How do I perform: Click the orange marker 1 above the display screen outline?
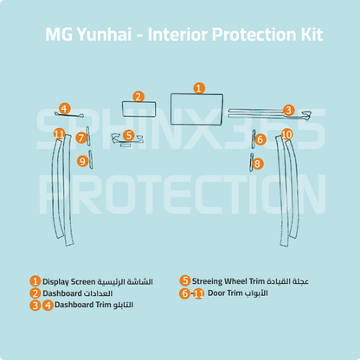click(x=199, y=88)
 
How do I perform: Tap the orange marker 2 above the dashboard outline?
click(x=138, y=97)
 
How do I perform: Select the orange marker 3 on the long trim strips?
click(x=288, y=110)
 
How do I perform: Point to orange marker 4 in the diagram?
click(x=64, y=109)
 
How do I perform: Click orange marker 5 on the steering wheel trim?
click(x=129, y=135)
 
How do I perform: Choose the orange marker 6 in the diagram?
click(x=260, y=139)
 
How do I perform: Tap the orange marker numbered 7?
click(x=81, y=138)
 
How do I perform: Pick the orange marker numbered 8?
click(x=257, y=164)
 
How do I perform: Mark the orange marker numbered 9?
click(x=83, y=161)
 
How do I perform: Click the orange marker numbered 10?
click(x=286, y=134)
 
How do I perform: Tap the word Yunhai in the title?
click(x=105, y=35)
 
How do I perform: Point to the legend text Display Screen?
click(x=68, y=281)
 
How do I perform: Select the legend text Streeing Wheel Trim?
click(x=228, y=281)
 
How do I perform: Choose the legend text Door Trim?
click(x=225, y=293)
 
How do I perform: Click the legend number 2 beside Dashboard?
click(x=35, y=293)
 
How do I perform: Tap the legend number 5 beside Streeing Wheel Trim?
click(x=184, y=280)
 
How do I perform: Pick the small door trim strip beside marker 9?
click(x=91, y=159)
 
